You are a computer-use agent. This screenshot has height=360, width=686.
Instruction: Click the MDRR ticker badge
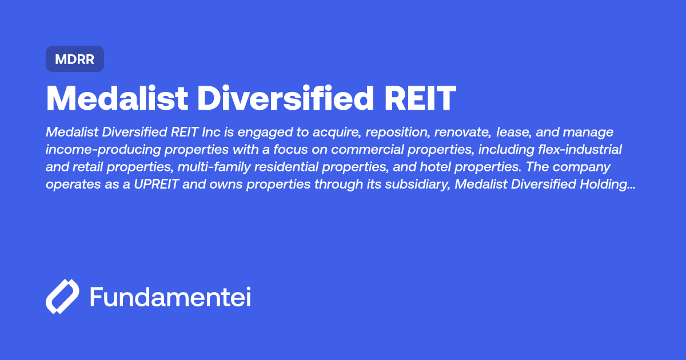[74, 59]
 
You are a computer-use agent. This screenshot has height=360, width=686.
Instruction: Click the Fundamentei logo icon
[62, 297]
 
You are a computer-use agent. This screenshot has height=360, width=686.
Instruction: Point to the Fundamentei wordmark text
[170, 297]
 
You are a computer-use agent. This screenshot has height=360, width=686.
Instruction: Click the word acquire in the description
[333, 133]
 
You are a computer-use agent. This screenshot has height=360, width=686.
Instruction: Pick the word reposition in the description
[398, 133]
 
